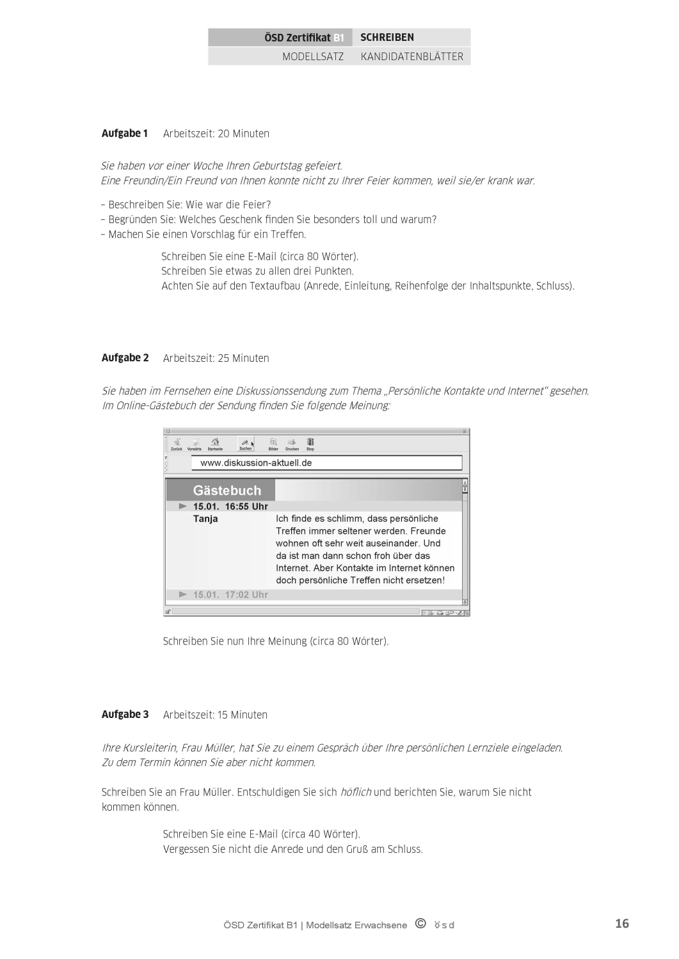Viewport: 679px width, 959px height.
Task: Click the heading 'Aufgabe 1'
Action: [124, 133]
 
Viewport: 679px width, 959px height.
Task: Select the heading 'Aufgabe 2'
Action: [125, 357]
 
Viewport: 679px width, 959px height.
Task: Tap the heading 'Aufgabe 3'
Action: [125, 714]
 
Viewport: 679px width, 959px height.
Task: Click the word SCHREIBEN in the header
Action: [387, 37]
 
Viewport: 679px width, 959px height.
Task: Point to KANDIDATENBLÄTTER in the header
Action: [411, 56]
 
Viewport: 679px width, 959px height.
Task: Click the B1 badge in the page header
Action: [339, 38]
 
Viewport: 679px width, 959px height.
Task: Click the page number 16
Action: [621, 923]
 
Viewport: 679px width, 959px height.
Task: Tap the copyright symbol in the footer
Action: [420, 923]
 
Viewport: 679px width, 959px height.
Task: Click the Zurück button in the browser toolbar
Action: [177, 444]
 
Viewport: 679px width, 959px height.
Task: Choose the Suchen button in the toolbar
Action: [246, 444]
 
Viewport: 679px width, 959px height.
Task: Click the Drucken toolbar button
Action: [292, 444]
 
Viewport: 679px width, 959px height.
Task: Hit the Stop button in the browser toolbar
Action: [310, 444]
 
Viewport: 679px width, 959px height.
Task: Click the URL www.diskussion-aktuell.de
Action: [256, 463]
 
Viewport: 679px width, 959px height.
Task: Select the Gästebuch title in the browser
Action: [227, 490]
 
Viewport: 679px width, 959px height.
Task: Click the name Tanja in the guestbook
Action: [205, 518]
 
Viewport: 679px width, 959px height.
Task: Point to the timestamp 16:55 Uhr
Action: [246, 506]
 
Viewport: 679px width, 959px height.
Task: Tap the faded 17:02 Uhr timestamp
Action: [246, 595]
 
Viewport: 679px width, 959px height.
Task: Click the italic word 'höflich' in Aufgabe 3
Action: [355, 792]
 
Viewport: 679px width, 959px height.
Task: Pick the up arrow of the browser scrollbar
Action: [465, 486]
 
